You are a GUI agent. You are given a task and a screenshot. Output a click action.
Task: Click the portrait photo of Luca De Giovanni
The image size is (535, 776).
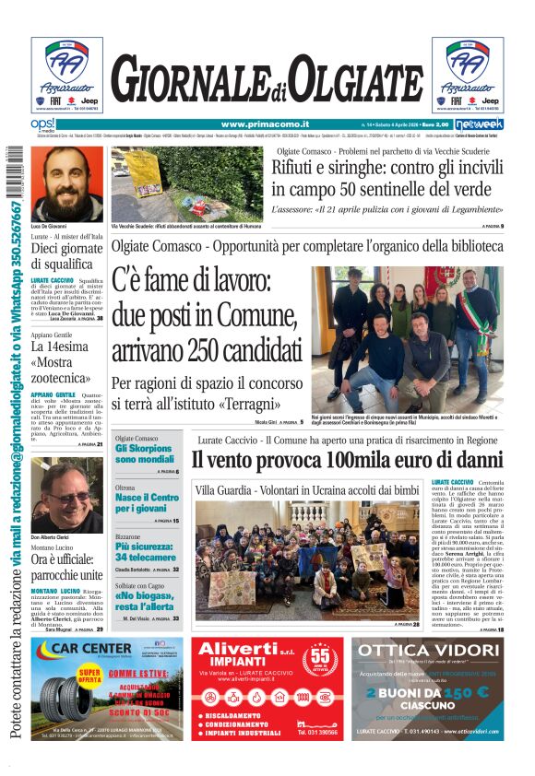coord(66,182)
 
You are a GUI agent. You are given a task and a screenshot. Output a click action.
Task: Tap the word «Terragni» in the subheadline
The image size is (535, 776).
coord(257,404)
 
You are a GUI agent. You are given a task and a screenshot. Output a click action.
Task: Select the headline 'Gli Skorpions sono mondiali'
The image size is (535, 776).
coord(145,453)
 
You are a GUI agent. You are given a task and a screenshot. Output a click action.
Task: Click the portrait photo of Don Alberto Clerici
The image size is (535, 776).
coord(66,495)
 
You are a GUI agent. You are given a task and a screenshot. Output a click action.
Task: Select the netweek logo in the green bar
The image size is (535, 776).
coord(479,124)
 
